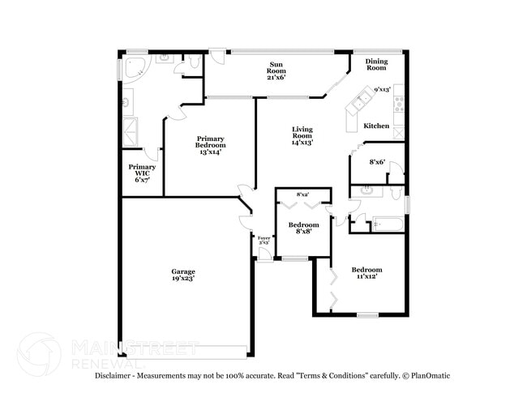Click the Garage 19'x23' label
click(182, 275)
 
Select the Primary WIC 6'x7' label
click(142, 173)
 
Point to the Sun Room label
click(276, 70)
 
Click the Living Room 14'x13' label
click(302, 135)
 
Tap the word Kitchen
click(376, 126)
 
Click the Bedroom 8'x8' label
click(304, 228)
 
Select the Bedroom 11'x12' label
click(366, 273)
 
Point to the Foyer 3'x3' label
click(264, 241)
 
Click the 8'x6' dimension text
click(377, 162)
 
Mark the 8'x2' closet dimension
click(302, 194)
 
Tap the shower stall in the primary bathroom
click(130, 131)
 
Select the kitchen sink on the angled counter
click(360, 101)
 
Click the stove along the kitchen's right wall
click(398, 104)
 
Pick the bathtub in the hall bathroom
click(387, 223)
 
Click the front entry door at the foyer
click(264, 258)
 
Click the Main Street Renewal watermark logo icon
click(38, 354)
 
